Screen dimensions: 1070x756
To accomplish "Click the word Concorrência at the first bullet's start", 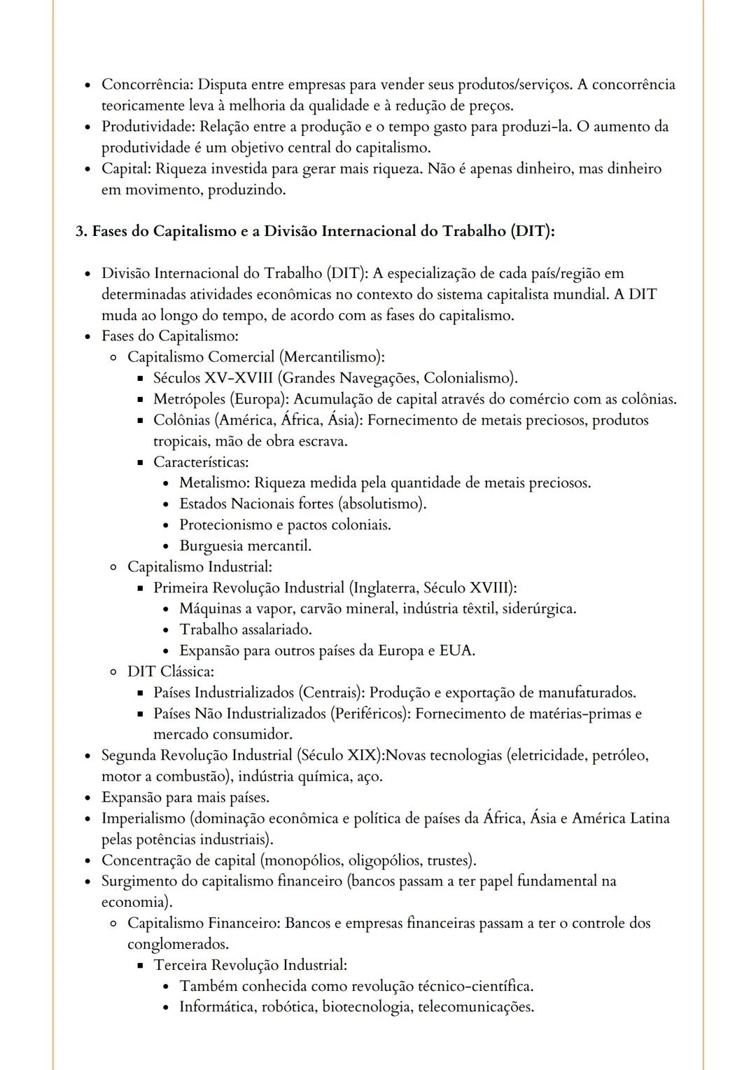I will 147,85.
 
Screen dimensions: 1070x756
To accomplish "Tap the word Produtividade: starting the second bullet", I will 148,127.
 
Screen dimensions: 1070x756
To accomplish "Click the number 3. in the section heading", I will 81,231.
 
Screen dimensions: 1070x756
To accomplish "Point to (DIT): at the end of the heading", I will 532,231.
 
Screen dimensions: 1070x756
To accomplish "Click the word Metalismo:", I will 214,483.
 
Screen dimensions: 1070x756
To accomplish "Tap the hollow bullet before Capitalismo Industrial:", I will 113,567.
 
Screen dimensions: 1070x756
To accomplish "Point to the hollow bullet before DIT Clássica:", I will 113,672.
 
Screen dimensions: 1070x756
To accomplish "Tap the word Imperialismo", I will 143,819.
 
